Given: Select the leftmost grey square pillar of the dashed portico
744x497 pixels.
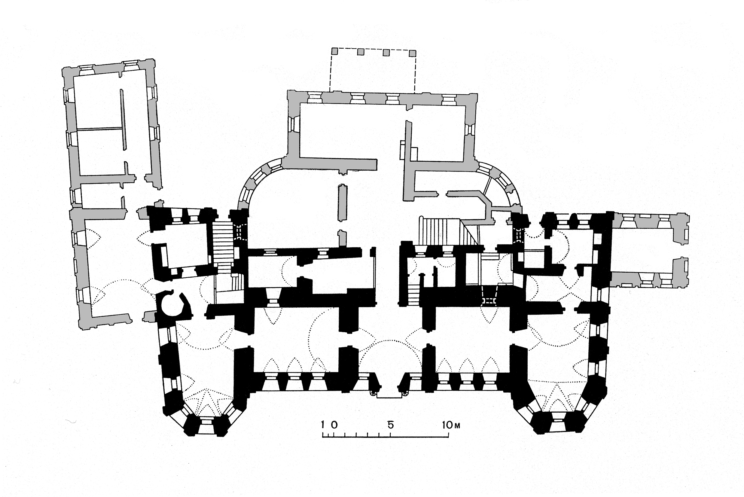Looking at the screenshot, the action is point(335,51).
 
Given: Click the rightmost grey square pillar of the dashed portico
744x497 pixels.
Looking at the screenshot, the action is point(412,53).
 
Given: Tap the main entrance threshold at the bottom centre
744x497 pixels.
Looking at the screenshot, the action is point(389,396).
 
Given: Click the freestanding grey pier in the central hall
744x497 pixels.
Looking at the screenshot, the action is point(343,203).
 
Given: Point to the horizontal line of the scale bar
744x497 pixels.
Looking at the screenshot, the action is point(385,437).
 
